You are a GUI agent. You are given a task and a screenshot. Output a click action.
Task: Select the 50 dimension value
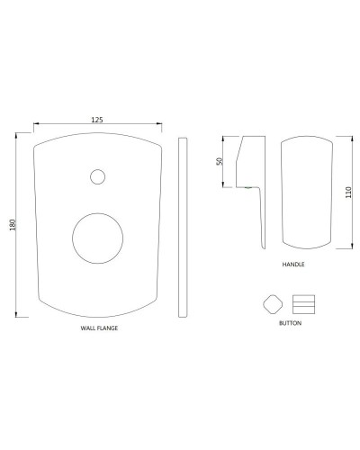click(218, 161)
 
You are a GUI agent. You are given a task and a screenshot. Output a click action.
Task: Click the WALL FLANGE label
click(99, 329)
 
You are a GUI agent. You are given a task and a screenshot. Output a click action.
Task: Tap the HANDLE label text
click(292, 266)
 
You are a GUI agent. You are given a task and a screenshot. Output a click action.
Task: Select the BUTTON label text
click(291, 321)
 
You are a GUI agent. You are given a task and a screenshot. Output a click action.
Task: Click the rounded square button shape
click(271, 301)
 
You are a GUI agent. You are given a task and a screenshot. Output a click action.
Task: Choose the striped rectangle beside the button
click(304, 301)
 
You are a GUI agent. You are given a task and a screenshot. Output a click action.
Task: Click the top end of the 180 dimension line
click(20, 135)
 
